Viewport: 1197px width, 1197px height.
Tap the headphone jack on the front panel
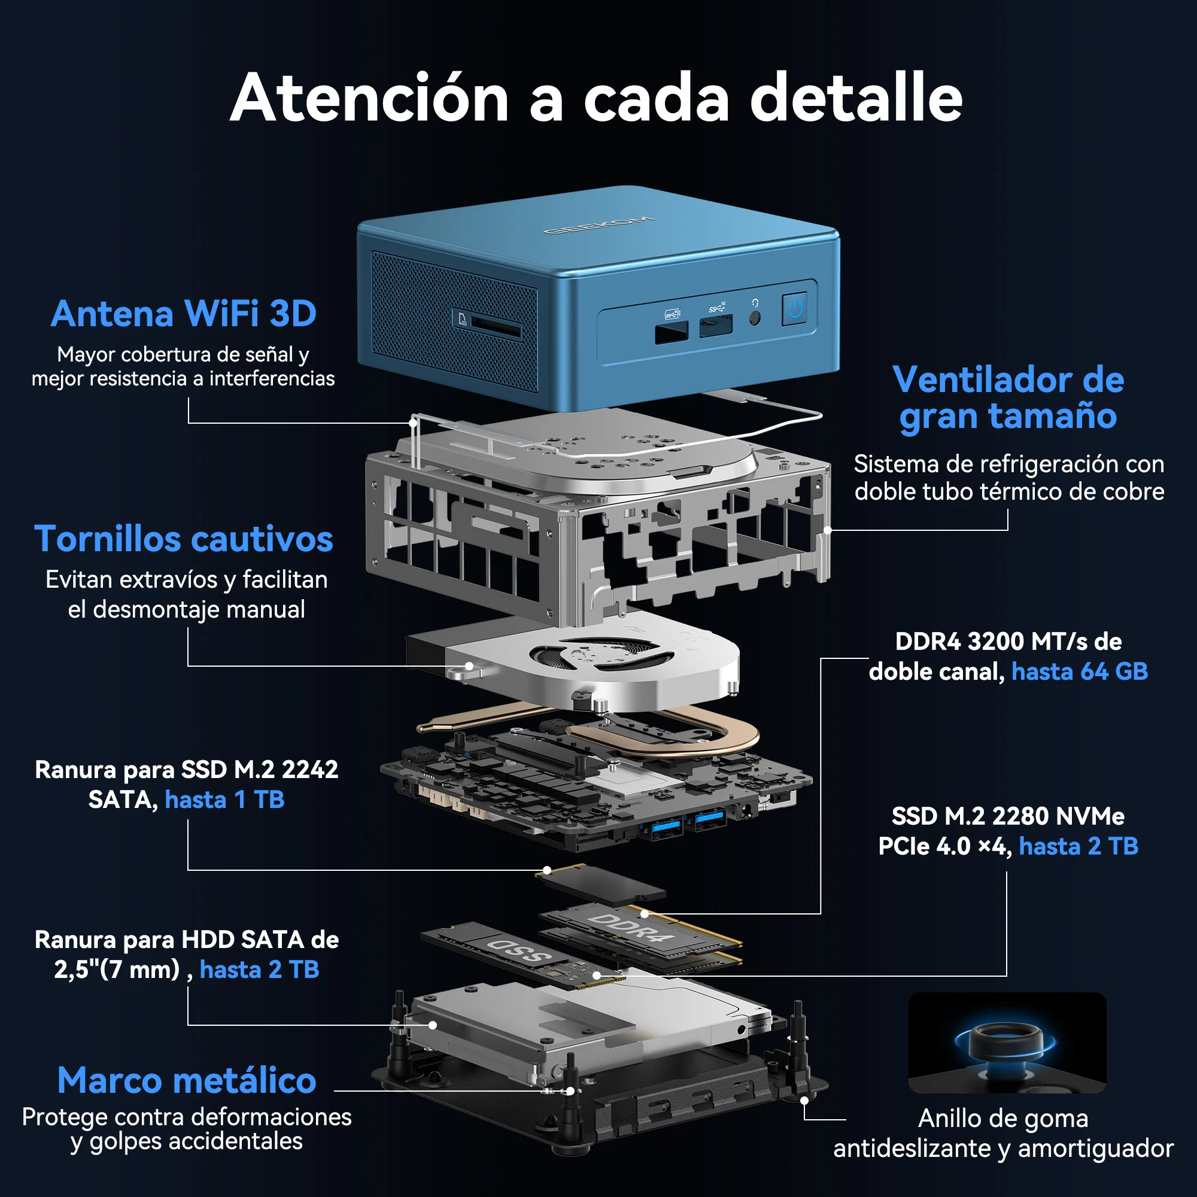(x=755, y=318)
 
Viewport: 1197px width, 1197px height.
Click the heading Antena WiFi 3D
(x=183, y=314)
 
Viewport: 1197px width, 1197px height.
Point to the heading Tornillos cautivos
(x=183, y=539)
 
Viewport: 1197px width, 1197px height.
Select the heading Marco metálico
(x=187, y=1080)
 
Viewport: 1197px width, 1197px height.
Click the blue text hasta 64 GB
(x=1079, y=672)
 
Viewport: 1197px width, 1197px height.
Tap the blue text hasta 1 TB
(x=224, y=800)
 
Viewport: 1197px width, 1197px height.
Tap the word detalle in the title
(x=856, y=99)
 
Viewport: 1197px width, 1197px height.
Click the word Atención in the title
(x=369, y=99)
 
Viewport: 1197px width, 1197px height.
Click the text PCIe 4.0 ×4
(x=944, y=846)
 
